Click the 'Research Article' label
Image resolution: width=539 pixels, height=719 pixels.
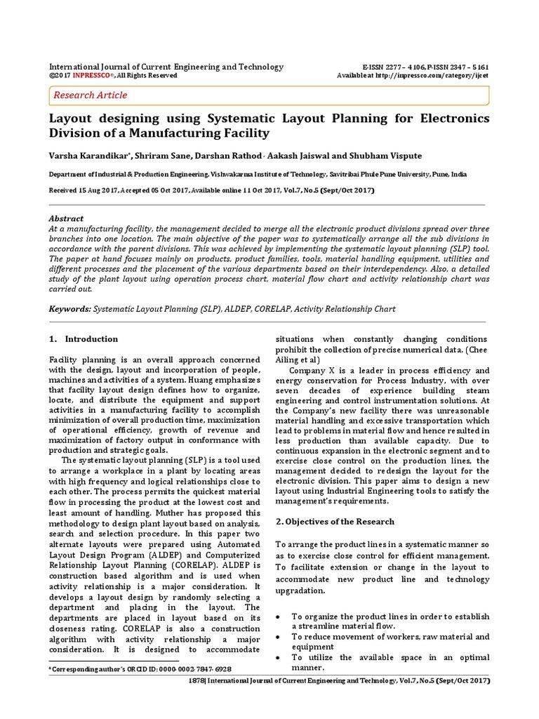click(x=91, y=95)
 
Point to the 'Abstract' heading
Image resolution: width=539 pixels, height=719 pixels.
click(x=66, y=218)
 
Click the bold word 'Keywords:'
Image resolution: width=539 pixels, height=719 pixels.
click(x=70, y=308)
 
